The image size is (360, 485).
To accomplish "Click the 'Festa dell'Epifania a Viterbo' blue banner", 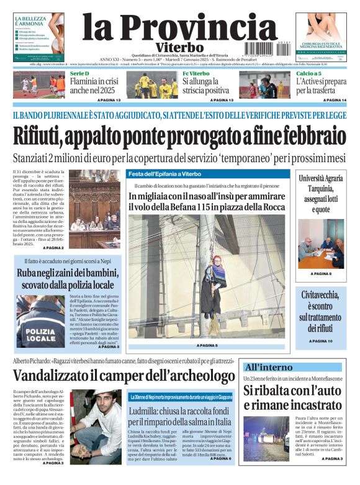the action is click(164, 174).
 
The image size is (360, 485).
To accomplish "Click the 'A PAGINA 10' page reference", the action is click(320, 341).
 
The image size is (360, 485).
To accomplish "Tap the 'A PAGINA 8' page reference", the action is click(320, 273).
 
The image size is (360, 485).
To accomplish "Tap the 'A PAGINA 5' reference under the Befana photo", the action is click(207, 345).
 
